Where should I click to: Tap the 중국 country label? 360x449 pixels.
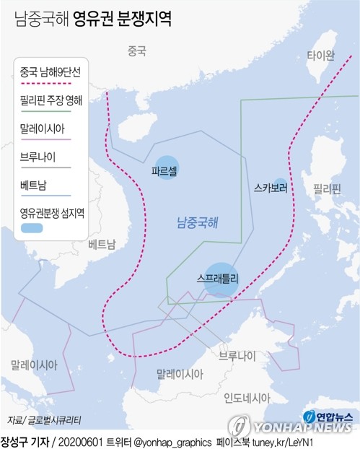pyautogui.click(x=136, y=51)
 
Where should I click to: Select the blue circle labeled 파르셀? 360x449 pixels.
pyautogui.click(x=167, y=168)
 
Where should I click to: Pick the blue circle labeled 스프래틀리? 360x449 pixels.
pyautogui.click(x=221, y=277)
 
